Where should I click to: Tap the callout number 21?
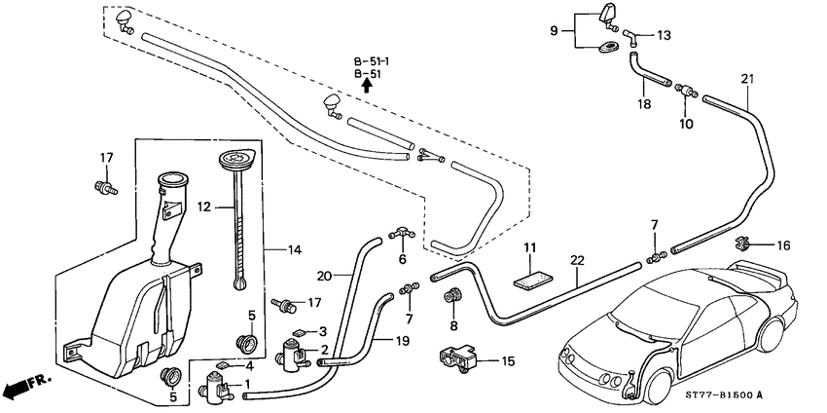tap(747, 78)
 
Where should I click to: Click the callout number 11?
tap(529, 247)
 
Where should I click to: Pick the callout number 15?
tap(507, 361)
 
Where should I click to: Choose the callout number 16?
tap(783, 246)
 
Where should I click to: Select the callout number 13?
tap(665, 36)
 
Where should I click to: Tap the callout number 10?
tap(687, 124)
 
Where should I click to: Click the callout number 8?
tap(453, 326)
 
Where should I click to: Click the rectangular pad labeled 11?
tap(530, 277)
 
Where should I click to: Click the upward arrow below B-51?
tap(367, 86)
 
